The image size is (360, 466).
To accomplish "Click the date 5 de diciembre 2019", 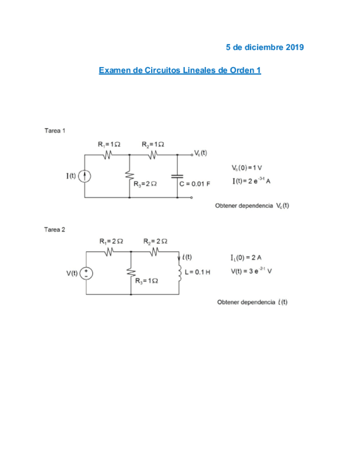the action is click(264, 47).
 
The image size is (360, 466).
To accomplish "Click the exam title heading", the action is click(180, 70).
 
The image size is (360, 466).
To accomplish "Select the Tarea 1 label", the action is click(55, 131).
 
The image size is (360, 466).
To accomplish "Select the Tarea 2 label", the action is click(55, 230).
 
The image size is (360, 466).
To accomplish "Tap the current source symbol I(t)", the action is click(85, 176).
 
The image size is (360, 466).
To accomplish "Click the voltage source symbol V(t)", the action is click(86, 274).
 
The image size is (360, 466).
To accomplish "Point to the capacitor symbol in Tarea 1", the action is click(177, 176).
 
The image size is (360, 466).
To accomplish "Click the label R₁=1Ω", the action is click(109, 145).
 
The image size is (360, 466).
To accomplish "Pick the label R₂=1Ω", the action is click(153, 145).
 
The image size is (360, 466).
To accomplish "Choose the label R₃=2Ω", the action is click(145, 184).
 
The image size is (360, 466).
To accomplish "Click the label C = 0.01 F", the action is click(195, 184).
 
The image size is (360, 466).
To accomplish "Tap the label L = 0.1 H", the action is click(197, 272).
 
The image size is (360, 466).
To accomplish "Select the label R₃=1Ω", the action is click(147, 281).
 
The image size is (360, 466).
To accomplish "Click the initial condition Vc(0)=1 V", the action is click(247, 168).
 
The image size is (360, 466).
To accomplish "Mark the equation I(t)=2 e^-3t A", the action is click(252, 181).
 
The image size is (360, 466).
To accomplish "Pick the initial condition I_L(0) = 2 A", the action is click(246, 258).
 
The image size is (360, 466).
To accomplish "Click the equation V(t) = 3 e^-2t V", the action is click(252, 271).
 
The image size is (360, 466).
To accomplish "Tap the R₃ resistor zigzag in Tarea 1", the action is click(130, 176).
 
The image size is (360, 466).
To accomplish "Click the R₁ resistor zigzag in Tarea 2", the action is click(109, 252).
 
